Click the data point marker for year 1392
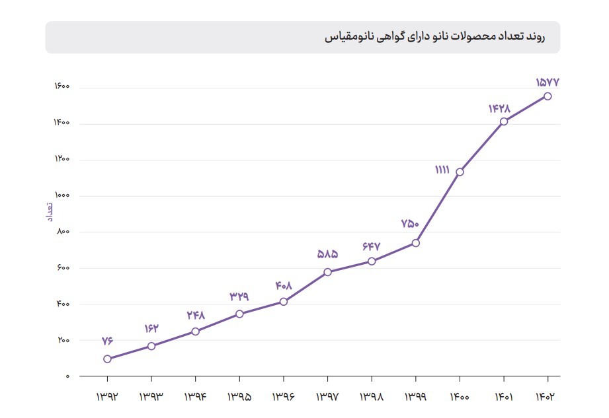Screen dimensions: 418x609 click(x=107, y=359)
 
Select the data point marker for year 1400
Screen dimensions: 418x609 click(x=460, y=172)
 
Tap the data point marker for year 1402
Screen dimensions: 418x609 click(x=548, y=96)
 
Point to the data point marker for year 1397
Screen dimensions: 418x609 click(x=327, y=272)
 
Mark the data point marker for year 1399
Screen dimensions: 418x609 click(x=415, y=243)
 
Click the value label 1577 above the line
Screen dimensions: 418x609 click(x=548, y=83)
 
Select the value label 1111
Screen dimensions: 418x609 click(x=442, y=170)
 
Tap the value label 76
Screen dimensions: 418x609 click(x=107, y=341)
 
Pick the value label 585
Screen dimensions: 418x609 click(x=327, y=254)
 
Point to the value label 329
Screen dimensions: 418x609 click(x=239, y=296)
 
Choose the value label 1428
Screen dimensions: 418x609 click(x=499, y=108)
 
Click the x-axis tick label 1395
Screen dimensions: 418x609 click(x=239, y=397)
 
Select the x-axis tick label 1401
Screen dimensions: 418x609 click(x=504, y=397)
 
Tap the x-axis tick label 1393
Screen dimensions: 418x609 click(x=151, y=397)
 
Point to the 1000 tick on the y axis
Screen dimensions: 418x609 click(x=63, y=196)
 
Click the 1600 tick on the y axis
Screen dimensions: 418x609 click(x=63, y=88)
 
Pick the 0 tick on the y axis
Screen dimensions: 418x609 click(x=67, y=376)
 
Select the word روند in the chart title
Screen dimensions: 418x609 click(x=532, y=38)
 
